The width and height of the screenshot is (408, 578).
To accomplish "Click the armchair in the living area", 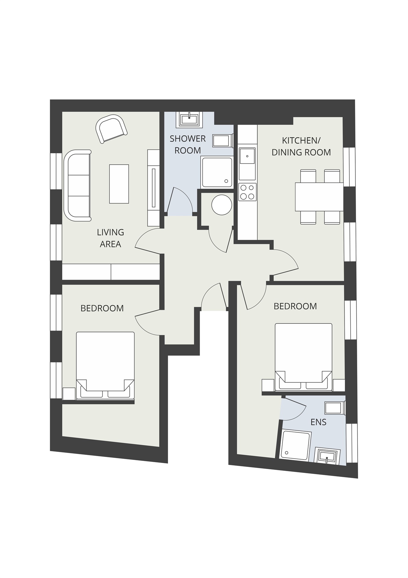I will click(x=111, y=129).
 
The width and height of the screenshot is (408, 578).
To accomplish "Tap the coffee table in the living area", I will click(x=119, y=184).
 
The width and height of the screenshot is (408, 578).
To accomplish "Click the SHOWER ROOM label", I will click(x=188, y=144).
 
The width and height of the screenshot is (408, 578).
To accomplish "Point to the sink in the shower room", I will click(x=189, y=119).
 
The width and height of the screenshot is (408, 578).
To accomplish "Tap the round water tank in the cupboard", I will click(x=222, y=205).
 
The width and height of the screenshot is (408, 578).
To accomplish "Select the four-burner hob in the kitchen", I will click(x=247, y=192).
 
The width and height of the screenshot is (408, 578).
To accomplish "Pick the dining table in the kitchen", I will click(x=319, y=197).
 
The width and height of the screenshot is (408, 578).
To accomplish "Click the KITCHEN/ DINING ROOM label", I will click(x=301, y=146).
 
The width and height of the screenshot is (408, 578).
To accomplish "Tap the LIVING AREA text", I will click(x=110, y=238).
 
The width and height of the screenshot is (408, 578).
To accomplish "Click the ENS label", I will click(x=318, y=422).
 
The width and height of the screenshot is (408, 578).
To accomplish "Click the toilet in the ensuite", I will click(x=334, y=408).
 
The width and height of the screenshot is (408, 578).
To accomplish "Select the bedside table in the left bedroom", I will click(x=69, y=393).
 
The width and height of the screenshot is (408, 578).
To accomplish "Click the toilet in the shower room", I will click(x=222, y=141).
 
